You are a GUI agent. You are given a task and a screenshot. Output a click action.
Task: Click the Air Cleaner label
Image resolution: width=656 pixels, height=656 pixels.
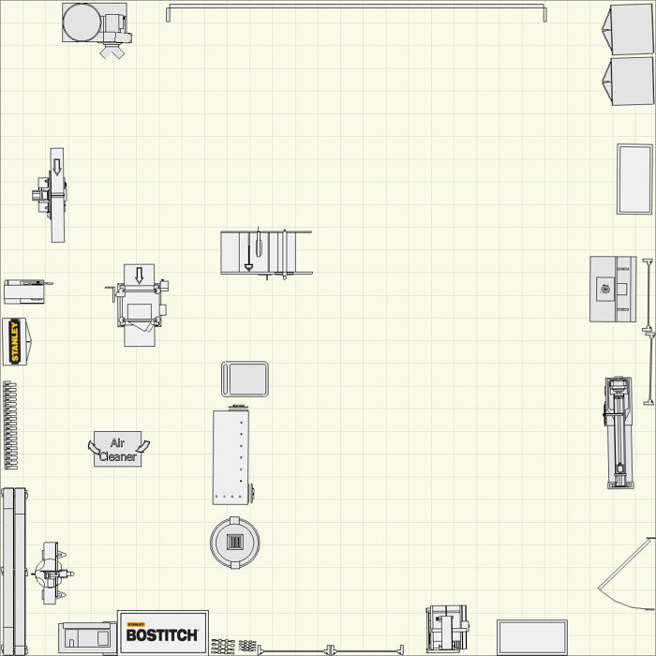pos(117,450)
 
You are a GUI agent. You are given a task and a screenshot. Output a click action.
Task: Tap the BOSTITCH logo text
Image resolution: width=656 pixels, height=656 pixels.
pos(162,634)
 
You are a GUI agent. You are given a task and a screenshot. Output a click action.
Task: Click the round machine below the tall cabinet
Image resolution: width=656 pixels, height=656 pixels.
pos(234,542)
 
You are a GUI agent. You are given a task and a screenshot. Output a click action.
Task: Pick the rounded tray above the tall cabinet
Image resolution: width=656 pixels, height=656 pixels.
pos(245,379)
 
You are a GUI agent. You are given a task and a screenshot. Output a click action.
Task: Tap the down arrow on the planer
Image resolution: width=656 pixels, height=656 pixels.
pos(140,276)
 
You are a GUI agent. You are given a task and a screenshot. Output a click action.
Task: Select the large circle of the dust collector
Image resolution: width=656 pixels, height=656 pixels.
pos(81,20)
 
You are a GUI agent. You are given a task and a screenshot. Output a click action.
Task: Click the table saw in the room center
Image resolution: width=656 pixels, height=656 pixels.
pos(265,253)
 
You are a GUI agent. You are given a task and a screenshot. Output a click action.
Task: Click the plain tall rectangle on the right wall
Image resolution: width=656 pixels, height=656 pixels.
pos(634,178)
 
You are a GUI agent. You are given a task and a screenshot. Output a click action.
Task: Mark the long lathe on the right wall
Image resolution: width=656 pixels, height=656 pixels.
pos(618,431)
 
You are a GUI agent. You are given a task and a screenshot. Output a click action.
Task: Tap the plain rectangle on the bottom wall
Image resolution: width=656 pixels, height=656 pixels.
pos(531,636)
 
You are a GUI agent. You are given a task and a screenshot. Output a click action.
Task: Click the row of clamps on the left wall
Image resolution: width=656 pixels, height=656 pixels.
pos(10,424)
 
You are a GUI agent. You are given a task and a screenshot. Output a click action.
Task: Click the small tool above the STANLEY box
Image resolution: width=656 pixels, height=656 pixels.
pos(24,291)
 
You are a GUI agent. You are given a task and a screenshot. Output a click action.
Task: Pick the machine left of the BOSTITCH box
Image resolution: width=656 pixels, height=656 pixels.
pos(87,637)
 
